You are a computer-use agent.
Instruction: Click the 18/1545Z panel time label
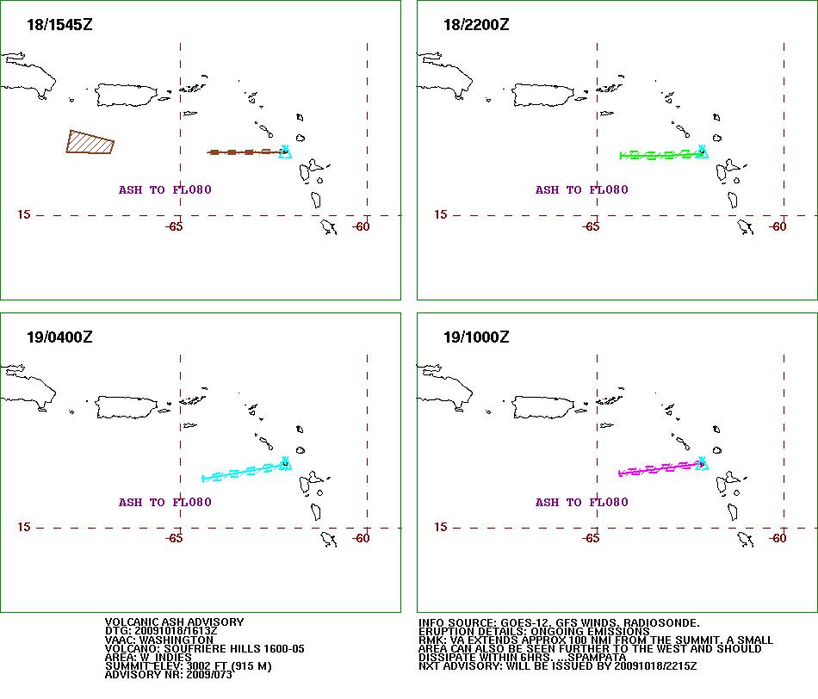click(59, 24)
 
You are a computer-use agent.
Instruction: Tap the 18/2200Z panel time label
click(476, 24)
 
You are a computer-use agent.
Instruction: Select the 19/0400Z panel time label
click(59, 337)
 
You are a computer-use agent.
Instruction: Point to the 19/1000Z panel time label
click(476, 337)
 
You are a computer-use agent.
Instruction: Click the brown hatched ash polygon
click(90, 142)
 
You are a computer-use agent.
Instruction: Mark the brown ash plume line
click(245, 152)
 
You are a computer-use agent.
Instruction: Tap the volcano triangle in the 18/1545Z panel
click(285, 152)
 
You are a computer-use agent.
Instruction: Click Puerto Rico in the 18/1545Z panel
click(127, 95)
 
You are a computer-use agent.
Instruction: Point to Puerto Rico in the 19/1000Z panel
click(543, 407)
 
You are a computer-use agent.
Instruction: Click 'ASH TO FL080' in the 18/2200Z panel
click(582, 190)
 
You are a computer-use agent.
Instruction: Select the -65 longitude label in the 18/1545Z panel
click(174, 226)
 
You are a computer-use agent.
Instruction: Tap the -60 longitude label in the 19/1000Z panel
click(778, 538)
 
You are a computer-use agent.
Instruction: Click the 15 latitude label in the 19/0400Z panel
click(24, 527)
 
